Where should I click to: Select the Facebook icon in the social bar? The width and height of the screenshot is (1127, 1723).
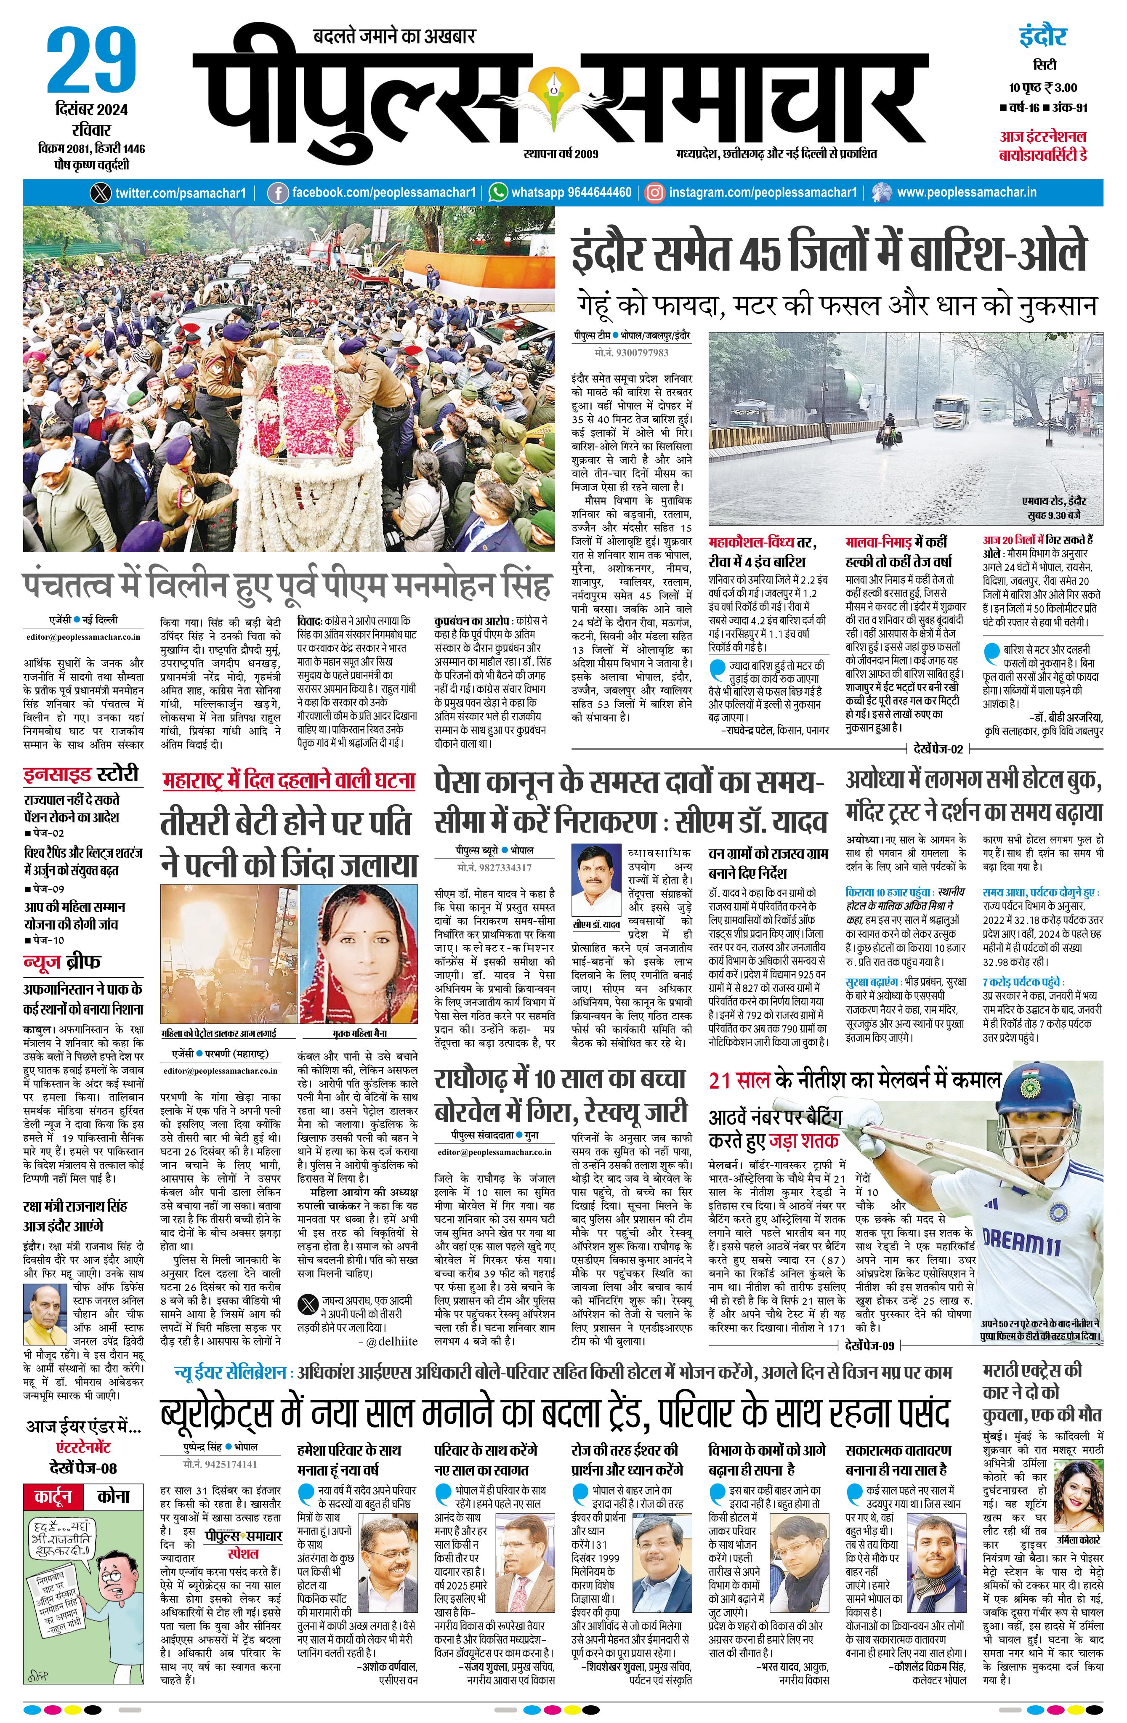pos(277,193)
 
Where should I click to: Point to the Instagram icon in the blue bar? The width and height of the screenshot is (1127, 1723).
pos(654,193)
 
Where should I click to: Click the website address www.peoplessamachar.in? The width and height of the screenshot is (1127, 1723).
pos(966,193)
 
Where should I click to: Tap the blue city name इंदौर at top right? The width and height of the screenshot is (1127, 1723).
pos(1043,36)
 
